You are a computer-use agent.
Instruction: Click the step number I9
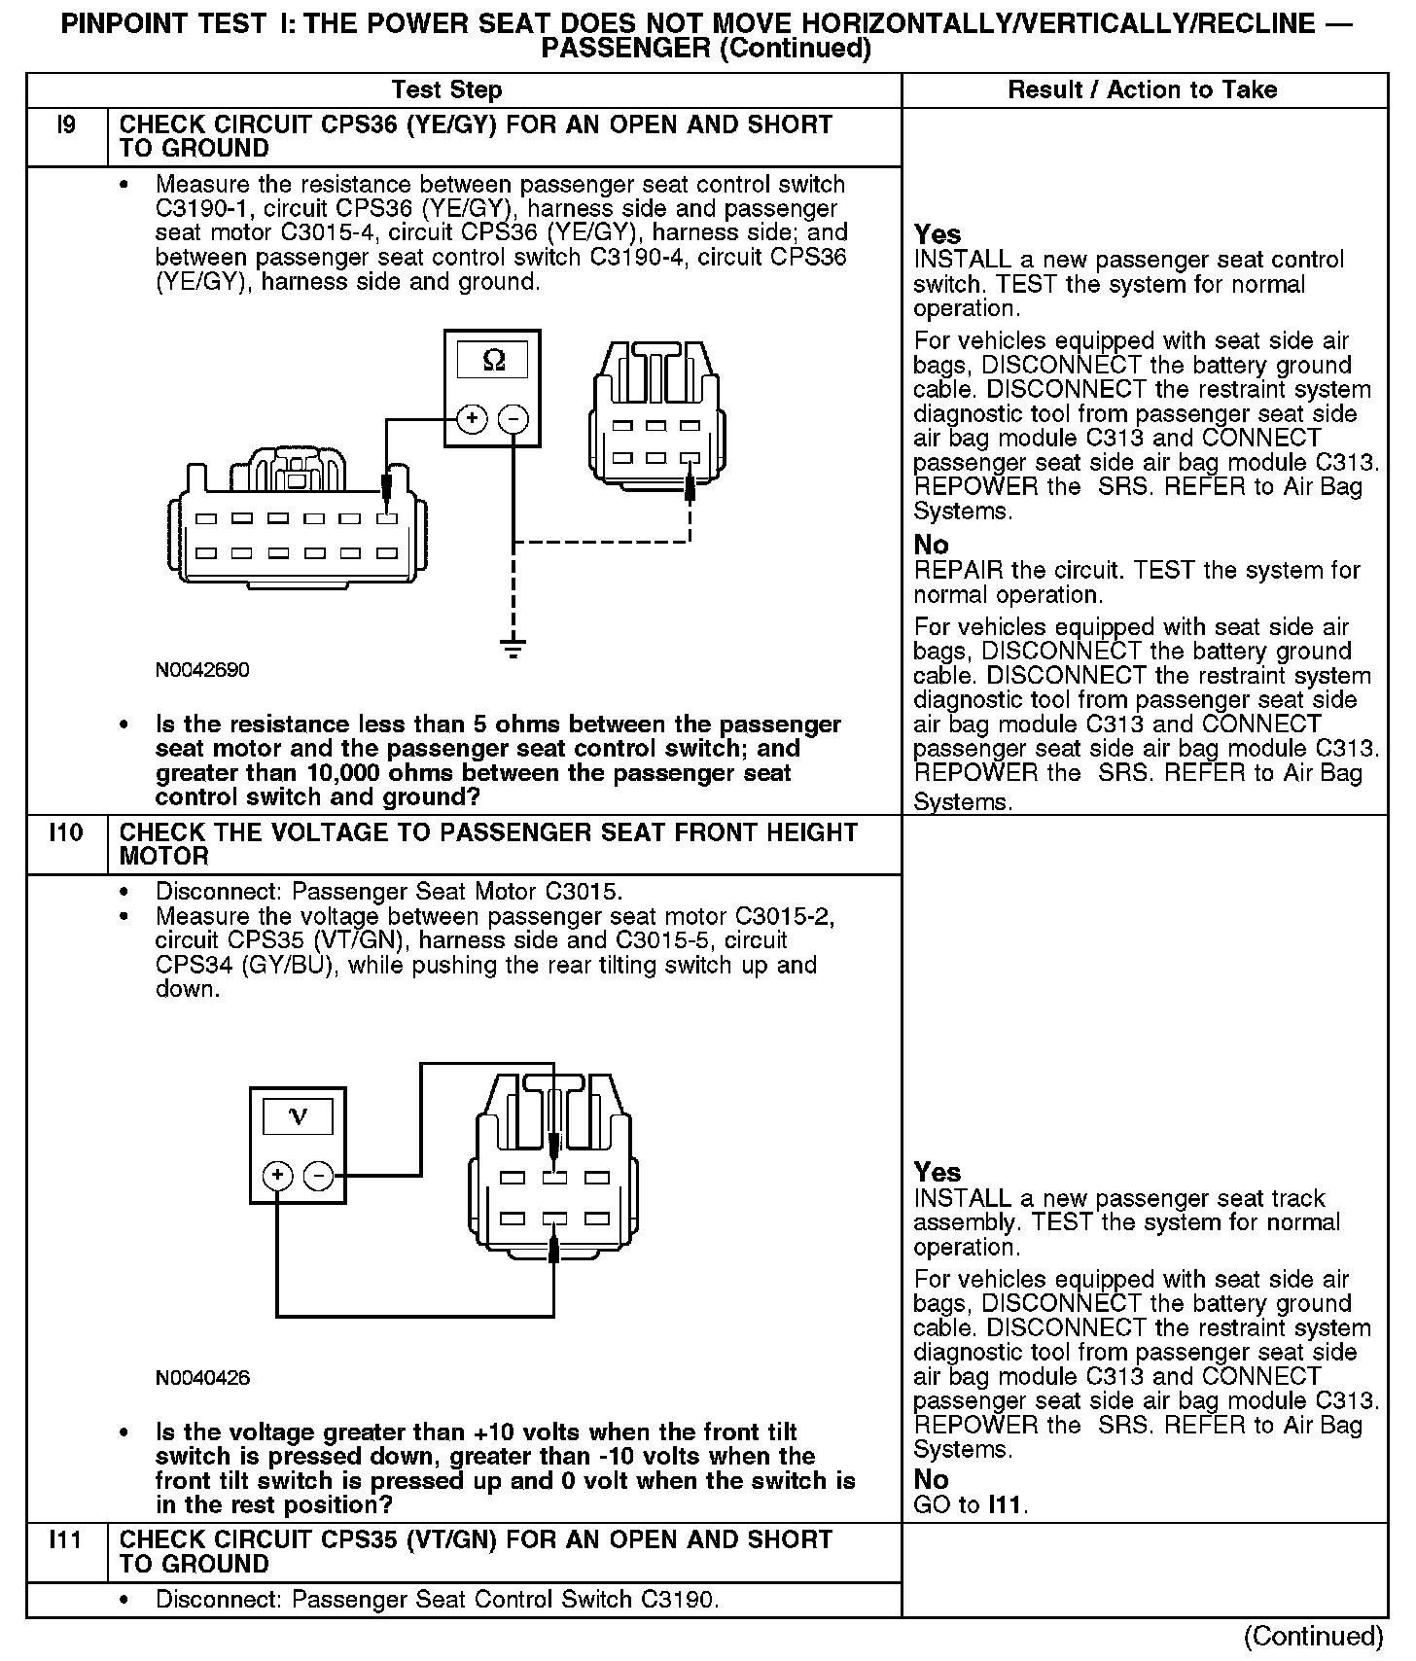[65, 125]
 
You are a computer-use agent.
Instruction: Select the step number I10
[65, 833]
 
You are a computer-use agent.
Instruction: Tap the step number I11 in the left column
[65, 1540]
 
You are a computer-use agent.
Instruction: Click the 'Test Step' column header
[446, 90]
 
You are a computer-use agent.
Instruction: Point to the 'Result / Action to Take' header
[1142, 90]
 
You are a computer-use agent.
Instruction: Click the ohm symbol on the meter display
[493, 361]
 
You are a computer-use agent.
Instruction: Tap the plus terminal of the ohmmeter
[472, 419]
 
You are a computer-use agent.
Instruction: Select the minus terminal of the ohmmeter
[513, 419]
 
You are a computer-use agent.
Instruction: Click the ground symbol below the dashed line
[513, 646]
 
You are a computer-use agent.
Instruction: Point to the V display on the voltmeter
[298, 1116]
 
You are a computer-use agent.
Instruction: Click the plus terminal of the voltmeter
[277, 1176]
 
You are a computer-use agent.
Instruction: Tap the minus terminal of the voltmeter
[318, 1176]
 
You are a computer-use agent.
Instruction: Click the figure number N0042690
[202, 671]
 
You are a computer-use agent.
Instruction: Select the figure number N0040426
[202, 1378]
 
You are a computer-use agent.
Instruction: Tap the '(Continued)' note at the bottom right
[1312, 1636]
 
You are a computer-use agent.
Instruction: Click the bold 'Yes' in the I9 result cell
[937, 234]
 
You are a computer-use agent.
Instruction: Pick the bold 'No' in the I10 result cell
[931, 1479]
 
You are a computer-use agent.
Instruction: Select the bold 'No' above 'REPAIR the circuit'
[931, 545]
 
